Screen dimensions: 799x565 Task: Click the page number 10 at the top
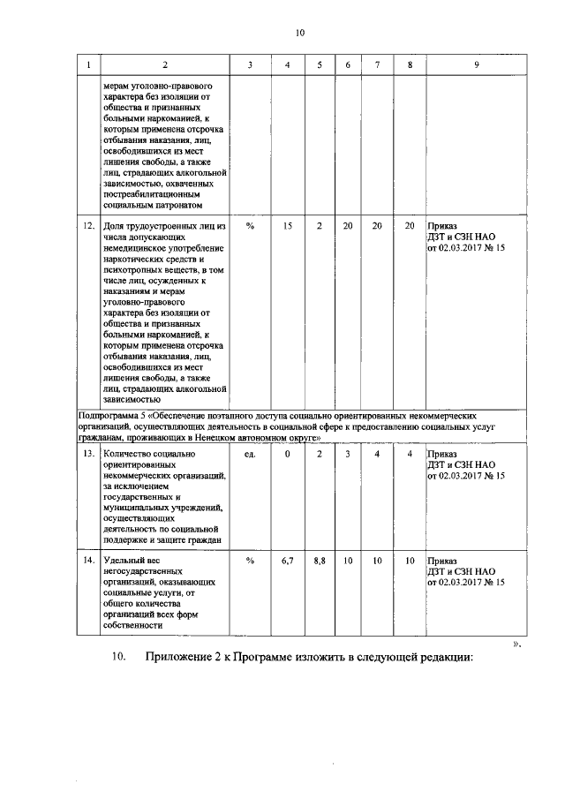(299, 33)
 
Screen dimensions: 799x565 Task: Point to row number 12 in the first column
(88, 226)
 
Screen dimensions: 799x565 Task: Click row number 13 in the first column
(88, 454)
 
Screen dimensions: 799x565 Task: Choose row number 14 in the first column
(88, 561)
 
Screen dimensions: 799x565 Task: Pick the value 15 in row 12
(288, 226)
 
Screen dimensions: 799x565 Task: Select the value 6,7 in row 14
(287, 561)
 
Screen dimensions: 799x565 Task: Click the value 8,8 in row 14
(319, 561)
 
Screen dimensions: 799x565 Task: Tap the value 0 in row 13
(287, 454)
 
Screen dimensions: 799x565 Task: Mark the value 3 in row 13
(348, 454)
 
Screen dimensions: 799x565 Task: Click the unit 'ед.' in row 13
(250, 454)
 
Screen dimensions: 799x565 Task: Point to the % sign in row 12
(250, 226)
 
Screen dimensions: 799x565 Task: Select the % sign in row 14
(250, 561)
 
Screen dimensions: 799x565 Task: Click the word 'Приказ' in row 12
(442, 226)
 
